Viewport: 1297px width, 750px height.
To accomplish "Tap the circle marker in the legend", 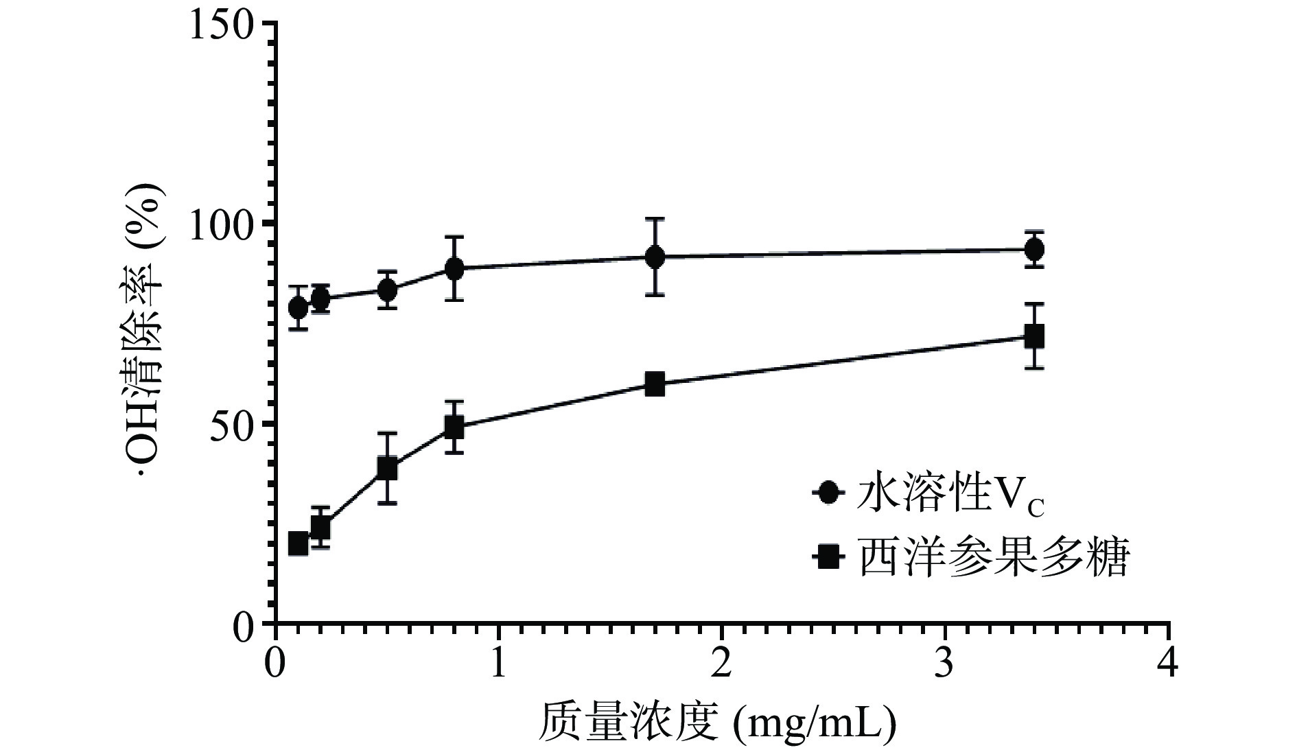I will [829, 493].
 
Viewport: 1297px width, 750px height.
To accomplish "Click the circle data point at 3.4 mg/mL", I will [1034, 249].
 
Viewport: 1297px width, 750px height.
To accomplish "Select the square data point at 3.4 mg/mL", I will [1034, 336].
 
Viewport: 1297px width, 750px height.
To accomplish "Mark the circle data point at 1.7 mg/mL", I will [655, 257].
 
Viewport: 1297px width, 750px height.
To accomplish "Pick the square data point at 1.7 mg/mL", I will [655, 384].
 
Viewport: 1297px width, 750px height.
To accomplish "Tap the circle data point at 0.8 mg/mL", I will [454, 268].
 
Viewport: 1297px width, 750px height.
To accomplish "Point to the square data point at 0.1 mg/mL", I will [298, 543].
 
